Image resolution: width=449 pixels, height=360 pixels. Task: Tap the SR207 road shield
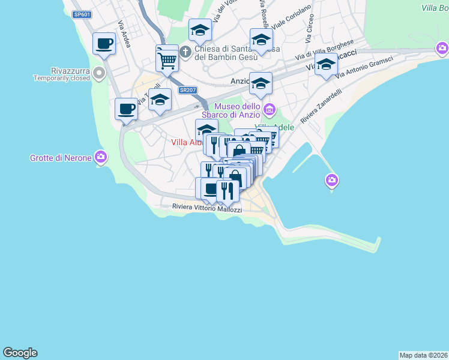[187, 91]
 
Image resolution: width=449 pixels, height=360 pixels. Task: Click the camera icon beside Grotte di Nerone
[100, 158]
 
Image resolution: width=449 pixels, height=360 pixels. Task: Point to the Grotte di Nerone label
[61, 158]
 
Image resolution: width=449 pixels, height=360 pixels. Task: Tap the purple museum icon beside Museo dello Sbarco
[270, 110]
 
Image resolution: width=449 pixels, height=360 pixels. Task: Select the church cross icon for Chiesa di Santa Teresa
[185, 52]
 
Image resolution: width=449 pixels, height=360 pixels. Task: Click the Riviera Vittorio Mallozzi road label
[207, 208]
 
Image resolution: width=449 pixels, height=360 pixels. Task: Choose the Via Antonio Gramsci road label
[364, 67]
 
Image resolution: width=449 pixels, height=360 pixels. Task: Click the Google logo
[20, 353]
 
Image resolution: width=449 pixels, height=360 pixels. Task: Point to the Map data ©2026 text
[424, 355]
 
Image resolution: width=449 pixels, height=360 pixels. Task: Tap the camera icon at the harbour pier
[332, 179]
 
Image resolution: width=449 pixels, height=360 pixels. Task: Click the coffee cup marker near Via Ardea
[104, 44]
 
